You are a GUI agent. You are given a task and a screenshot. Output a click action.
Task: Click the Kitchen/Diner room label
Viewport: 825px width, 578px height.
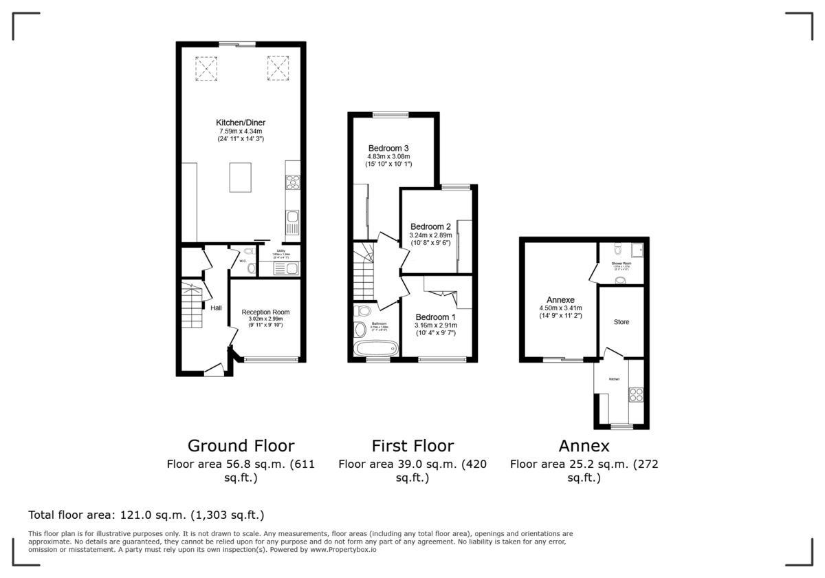click(x=241, y=122)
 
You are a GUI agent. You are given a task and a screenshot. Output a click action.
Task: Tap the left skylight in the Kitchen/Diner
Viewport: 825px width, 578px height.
click(x=205, y=68)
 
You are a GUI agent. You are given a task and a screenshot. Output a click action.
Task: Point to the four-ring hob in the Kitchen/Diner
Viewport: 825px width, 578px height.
click(x=292, y=182)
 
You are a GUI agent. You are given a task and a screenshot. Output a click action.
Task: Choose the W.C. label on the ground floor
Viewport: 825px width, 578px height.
click(x=243, y=261)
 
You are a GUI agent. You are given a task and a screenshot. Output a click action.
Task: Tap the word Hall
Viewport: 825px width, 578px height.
click(x=216, y=308)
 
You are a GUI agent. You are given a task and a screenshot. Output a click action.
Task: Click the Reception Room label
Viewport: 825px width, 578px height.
click(x=265, y=312)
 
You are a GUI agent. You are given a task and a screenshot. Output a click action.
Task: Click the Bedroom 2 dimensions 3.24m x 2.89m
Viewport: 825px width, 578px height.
click(x=430, y=235)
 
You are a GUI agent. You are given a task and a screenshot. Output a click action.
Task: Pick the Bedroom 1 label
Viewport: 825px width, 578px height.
click(x=436, y=317)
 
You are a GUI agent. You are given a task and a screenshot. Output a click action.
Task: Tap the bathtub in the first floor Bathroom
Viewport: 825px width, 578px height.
click(x=375, y=348)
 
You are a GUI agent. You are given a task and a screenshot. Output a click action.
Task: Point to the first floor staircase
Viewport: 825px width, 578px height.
click(x=365, y=271)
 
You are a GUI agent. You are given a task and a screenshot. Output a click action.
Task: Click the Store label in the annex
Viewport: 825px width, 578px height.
click(x=621, y=321)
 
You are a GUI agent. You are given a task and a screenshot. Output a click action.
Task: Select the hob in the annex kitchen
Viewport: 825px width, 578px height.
click(x=635, y=395)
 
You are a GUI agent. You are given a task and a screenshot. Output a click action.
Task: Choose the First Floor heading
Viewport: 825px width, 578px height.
click(x=412, y=445)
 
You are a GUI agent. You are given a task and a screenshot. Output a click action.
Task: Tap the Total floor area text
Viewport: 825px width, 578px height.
click(x=146, y=515)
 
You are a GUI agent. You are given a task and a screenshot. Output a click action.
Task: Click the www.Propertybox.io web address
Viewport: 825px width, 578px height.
click(x=342, y=550)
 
